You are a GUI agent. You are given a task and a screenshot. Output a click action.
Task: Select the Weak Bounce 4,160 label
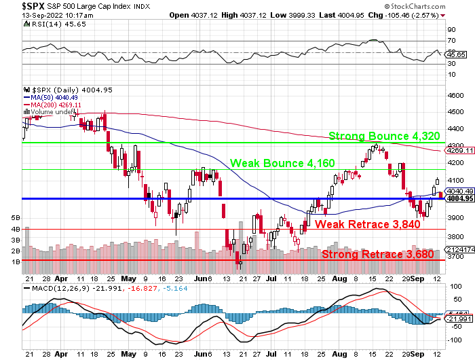[282, 163]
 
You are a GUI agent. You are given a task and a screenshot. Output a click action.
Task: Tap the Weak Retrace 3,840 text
[367, 224]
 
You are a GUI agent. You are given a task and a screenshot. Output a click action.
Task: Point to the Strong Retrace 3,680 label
[377, 254]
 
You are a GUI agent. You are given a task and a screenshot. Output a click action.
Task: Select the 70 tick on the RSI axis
[449, 41]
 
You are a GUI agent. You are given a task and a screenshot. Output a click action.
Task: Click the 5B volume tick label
[15, 218]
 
